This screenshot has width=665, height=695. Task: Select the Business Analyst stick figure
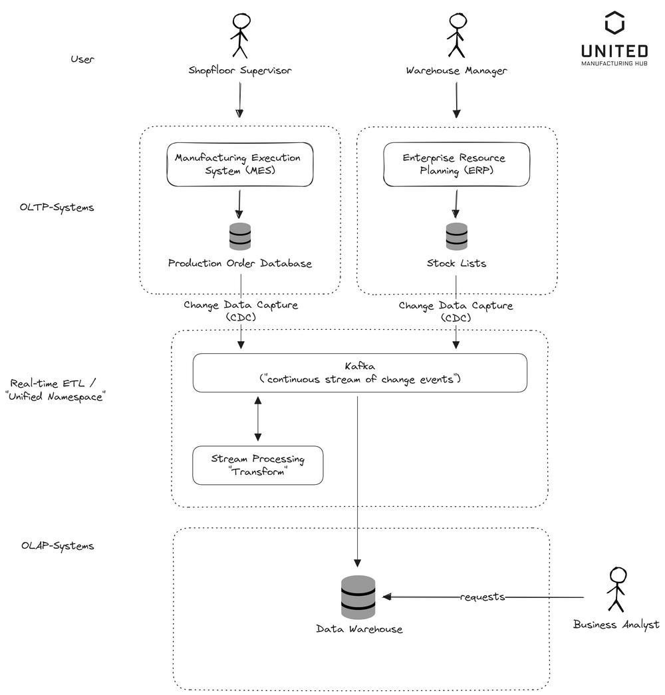tap(616, 589)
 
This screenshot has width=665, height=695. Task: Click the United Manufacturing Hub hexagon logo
tap(614, 24)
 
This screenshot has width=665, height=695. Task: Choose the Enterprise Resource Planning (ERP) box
tap(456, 164)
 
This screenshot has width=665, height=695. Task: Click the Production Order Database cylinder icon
tap(240, 237)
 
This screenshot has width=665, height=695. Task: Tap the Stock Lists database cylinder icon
tap(456, 237)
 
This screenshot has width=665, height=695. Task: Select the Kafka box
tap(360, 372)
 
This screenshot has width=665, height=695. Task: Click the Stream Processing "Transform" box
tap(257, 465)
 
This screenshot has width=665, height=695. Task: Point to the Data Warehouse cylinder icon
tap(358, 597)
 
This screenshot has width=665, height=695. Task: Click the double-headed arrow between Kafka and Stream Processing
tap(258, 418)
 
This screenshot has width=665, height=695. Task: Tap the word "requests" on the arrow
tap(483, 597)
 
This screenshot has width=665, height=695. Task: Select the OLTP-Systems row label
tap(57, 207)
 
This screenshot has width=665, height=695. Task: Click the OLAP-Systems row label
tap(57, 546)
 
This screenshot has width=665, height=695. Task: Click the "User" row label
tap(82, 59)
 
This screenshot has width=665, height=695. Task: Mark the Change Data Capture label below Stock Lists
tap(456, 311)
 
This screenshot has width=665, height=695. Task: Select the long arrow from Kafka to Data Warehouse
tap(358, 479)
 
